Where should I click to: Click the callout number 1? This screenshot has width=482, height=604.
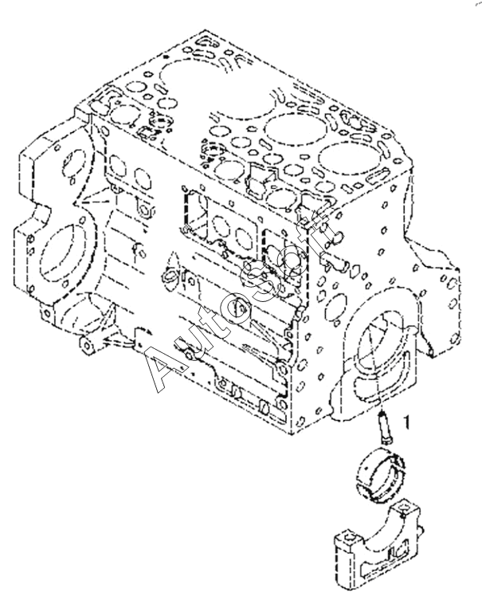coord(407,422)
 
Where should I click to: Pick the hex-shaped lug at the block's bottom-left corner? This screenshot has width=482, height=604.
coord(87,345)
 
